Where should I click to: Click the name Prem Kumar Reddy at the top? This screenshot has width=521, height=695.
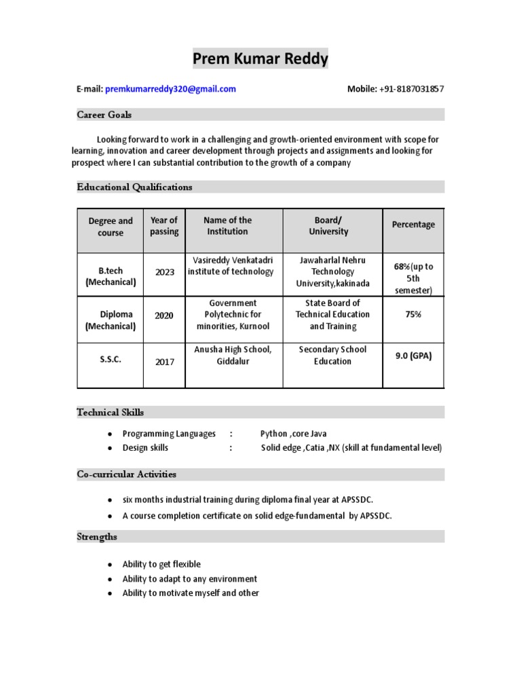(260, 59)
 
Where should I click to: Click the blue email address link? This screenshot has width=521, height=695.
(170, 89)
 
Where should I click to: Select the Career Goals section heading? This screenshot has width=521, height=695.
(104, 115)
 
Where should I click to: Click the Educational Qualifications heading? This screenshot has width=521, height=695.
(134, 187)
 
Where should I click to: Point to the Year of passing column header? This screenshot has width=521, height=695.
(163, 226)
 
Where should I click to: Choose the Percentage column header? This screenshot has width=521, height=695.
(413, 225)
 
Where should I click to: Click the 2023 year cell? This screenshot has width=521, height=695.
(164, 272)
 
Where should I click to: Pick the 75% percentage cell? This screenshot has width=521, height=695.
(413, 314)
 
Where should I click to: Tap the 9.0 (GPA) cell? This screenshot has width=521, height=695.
(413, 356)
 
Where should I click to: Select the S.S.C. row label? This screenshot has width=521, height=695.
(111, 360)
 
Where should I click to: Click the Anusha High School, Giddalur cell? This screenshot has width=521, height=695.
(233, 355)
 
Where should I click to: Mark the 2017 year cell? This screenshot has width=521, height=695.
(164, 362)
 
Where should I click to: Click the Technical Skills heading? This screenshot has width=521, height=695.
(110, 412)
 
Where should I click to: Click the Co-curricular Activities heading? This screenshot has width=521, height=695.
(126, 474)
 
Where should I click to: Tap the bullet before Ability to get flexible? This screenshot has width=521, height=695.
(109, 565)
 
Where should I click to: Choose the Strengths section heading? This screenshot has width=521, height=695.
(97, 536)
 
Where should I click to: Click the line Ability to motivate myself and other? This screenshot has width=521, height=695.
(191, 593)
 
